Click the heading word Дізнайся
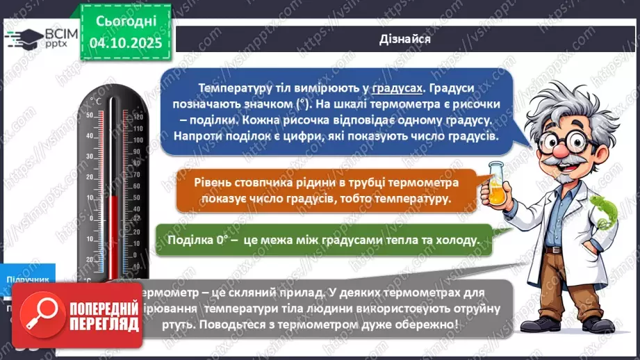(405, 39)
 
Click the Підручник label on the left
(28, 279)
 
